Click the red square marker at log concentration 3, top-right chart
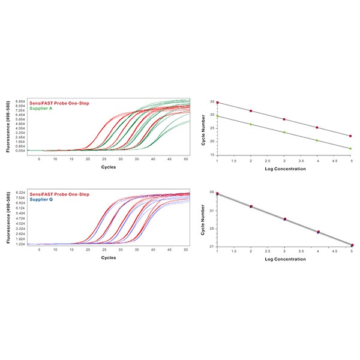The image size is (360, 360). pos(284,119)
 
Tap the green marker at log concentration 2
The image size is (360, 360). pos(251,124)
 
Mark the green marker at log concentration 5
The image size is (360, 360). pos(350,148)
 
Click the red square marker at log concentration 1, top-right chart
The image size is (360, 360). pos(217,103)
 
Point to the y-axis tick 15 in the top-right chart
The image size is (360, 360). pos(212,155)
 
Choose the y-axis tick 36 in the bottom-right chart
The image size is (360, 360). pos(212,192)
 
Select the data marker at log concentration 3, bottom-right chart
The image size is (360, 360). pos(284,219)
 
